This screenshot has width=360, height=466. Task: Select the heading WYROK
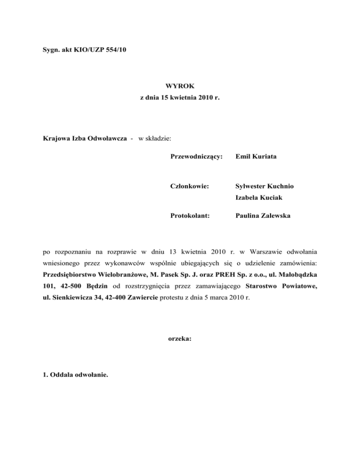(180, 86)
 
